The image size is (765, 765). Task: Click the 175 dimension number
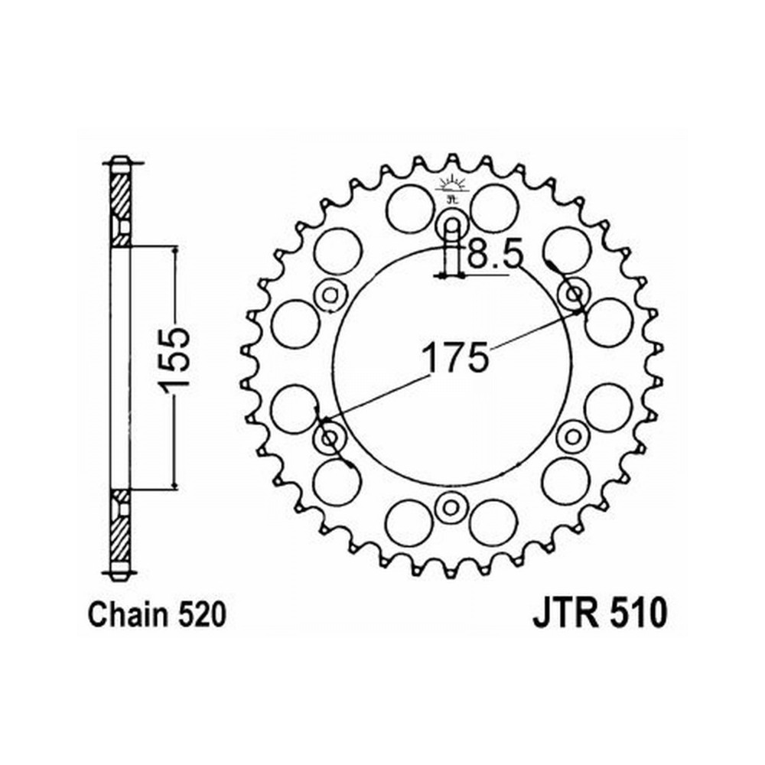tap(454, 356)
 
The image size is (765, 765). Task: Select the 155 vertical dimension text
tap(174, 360)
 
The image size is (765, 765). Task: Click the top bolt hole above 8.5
tap(453, 225)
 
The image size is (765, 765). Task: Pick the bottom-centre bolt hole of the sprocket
tap(451, 508)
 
